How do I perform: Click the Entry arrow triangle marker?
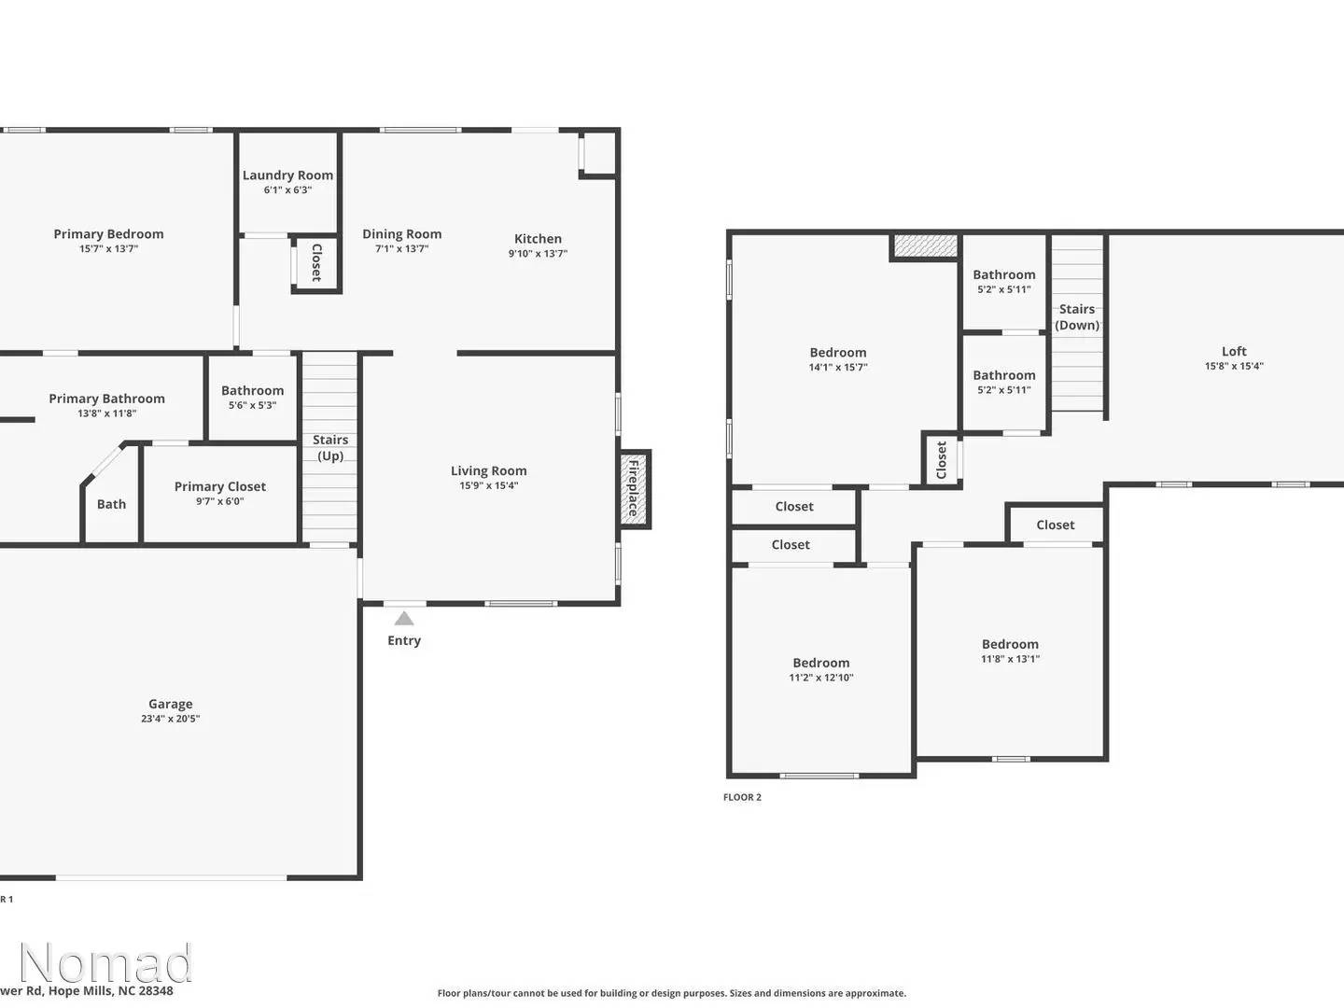pos(403,618)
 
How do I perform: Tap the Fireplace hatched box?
pos(634,489)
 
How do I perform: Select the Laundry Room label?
pos(287,175)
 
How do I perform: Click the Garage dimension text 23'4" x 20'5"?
pos(170,719)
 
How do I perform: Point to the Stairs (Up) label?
pos(330,448)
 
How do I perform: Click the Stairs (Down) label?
pos(1077,317)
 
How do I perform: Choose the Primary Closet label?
pos(220,486)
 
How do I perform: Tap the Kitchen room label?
pos(538,239)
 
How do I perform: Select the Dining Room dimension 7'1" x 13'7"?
pos(401,249)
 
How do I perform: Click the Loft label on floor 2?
pos(1234,352)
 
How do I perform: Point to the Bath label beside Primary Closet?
pos(111,504)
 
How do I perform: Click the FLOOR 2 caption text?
pos(742,797)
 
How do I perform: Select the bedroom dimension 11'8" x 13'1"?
pos(1010,659)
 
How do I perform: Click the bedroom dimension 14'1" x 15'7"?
pos(837,368)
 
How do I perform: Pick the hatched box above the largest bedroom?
pos(925,246)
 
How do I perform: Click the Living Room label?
pos(488,471)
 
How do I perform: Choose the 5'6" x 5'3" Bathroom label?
pos(252,391)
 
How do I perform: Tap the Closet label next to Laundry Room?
pos(316,262)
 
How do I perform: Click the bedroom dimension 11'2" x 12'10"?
pos(820,678)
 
